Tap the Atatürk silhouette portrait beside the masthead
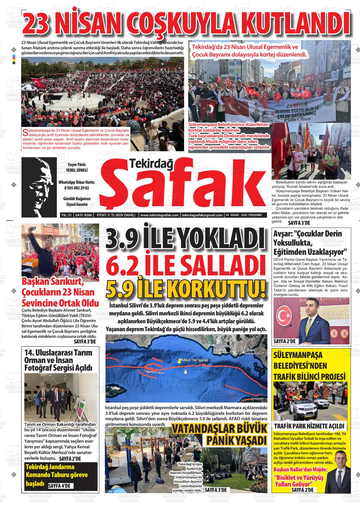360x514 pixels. pos(39,187)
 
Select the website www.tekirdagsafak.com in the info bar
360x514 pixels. pos(159,215)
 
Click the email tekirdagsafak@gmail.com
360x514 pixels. pos(202,215)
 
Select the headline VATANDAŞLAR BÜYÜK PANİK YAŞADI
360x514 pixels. pos(220,434)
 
